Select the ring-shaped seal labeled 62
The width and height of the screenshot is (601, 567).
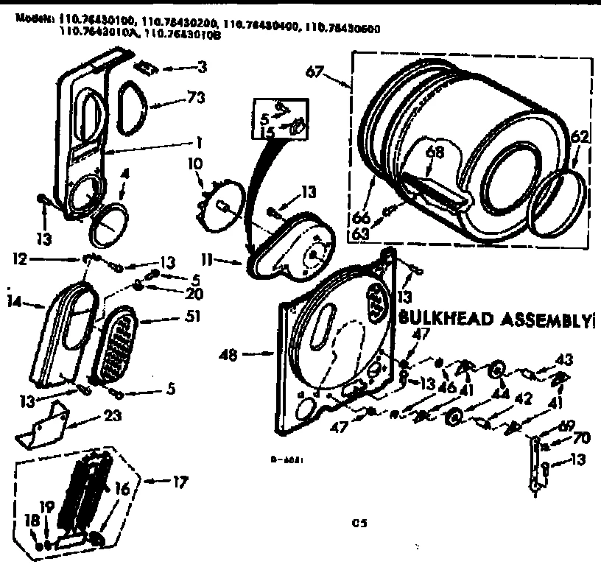[x=563, y=204]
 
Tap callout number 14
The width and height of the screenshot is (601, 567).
[x=12, y=302]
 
